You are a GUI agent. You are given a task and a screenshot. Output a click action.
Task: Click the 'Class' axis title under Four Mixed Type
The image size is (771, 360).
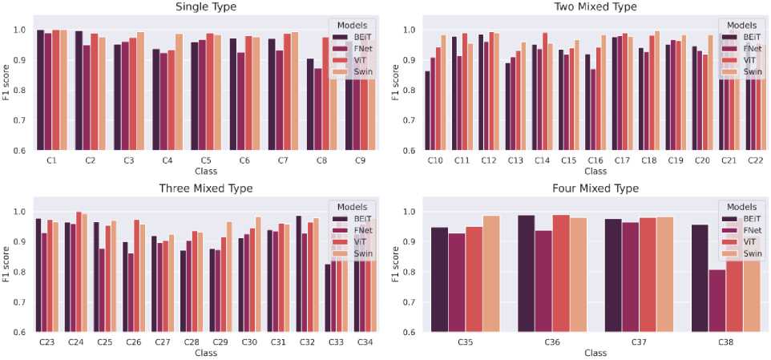[595, 353]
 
